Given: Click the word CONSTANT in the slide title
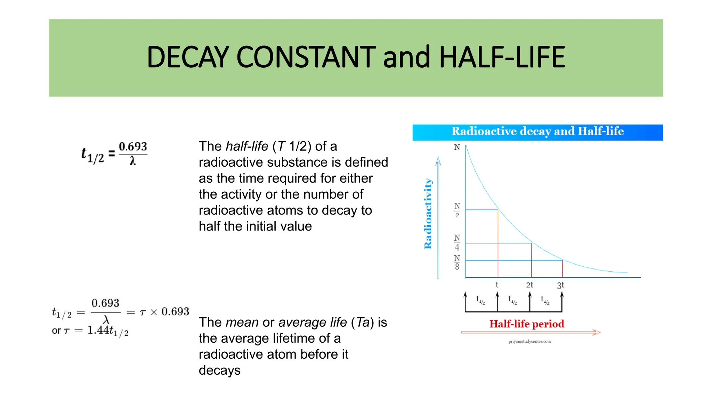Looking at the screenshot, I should pos(306,57).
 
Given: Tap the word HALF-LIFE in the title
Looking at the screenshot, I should pos(502,57).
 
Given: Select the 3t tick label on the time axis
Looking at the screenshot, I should pos(560,285).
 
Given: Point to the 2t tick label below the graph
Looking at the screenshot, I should pos(529,285).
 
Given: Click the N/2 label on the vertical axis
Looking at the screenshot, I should pos(457,210).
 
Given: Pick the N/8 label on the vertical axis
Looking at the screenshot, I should pos(457,262).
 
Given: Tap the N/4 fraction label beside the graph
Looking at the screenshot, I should pos(457,242).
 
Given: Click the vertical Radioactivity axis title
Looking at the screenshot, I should pos(428,214).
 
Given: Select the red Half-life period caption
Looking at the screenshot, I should pos(527,324).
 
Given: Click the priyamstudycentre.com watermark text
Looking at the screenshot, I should pos(529,342).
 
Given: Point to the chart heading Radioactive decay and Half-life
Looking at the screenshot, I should pos(537,131).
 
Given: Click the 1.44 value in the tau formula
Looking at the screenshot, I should pos(98,330).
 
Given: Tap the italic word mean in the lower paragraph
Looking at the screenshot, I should pos(242,322).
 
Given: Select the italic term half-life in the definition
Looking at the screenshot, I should pos(247,146).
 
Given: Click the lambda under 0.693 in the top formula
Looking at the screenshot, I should pos(133,161).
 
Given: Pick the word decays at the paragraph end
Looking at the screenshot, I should pos(219,370).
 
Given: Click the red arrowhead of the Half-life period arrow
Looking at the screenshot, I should pos(597,332).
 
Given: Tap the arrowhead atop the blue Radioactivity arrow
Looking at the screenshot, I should pos(438,160).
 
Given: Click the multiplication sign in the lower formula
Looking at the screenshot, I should pos(154,312).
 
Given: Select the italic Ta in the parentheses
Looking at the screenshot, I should pos(363,322).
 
